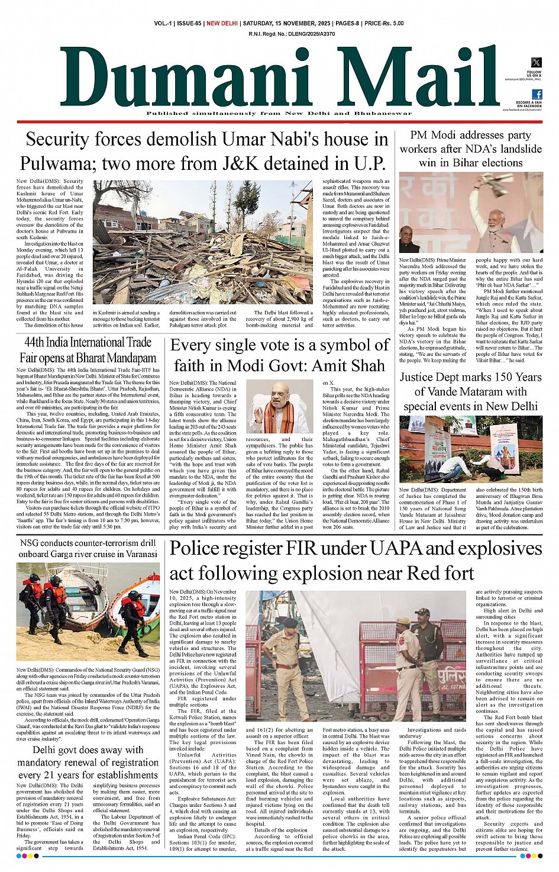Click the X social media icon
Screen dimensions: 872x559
(x=536, y=62)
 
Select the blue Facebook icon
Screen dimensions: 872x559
(x=537, y=94)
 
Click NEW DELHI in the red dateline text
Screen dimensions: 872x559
(x=222, y=23)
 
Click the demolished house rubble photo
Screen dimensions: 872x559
(x=203, y=242)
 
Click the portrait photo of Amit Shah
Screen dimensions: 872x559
(x=279, y=407)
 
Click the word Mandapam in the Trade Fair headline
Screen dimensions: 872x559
(x=128, y=358)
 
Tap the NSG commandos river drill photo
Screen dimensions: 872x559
(x=88, y=611)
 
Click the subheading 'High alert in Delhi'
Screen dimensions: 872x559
(x=509, y=610)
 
